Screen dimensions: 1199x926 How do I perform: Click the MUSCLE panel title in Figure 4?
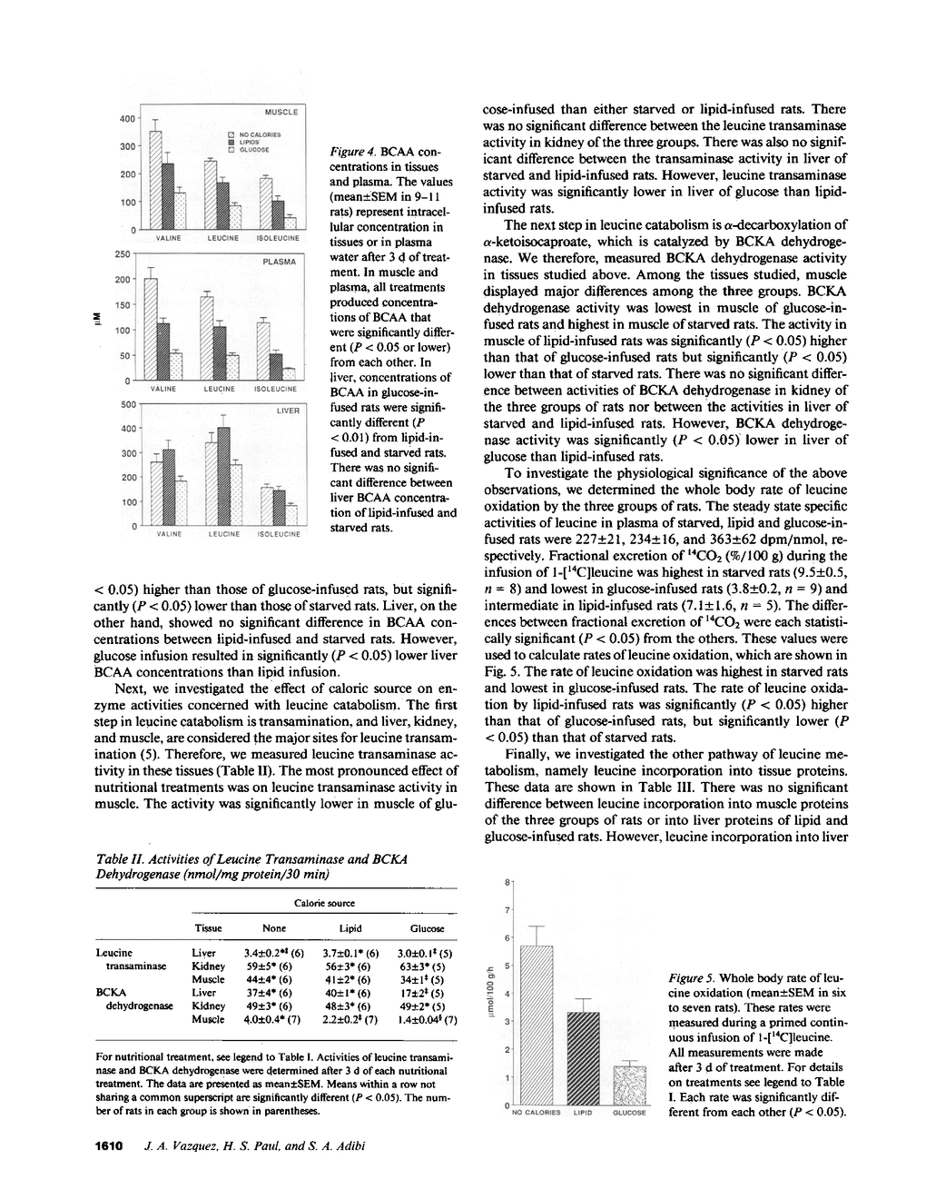point(281,112)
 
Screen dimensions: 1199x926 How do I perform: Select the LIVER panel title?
point(288,411)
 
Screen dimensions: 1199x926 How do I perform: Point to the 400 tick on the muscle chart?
point(127,118)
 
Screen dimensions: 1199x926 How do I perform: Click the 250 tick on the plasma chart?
point(125,253)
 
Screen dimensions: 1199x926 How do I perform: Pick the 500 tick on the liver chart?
point(127,404)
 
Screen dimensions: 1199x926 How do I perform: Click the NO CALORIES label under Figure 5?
point(537,1113)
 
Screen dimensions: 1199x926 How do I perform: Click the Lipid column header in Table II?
point(350,928)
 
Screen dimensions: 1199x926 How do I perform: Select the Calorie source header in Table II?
point(325,903)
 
